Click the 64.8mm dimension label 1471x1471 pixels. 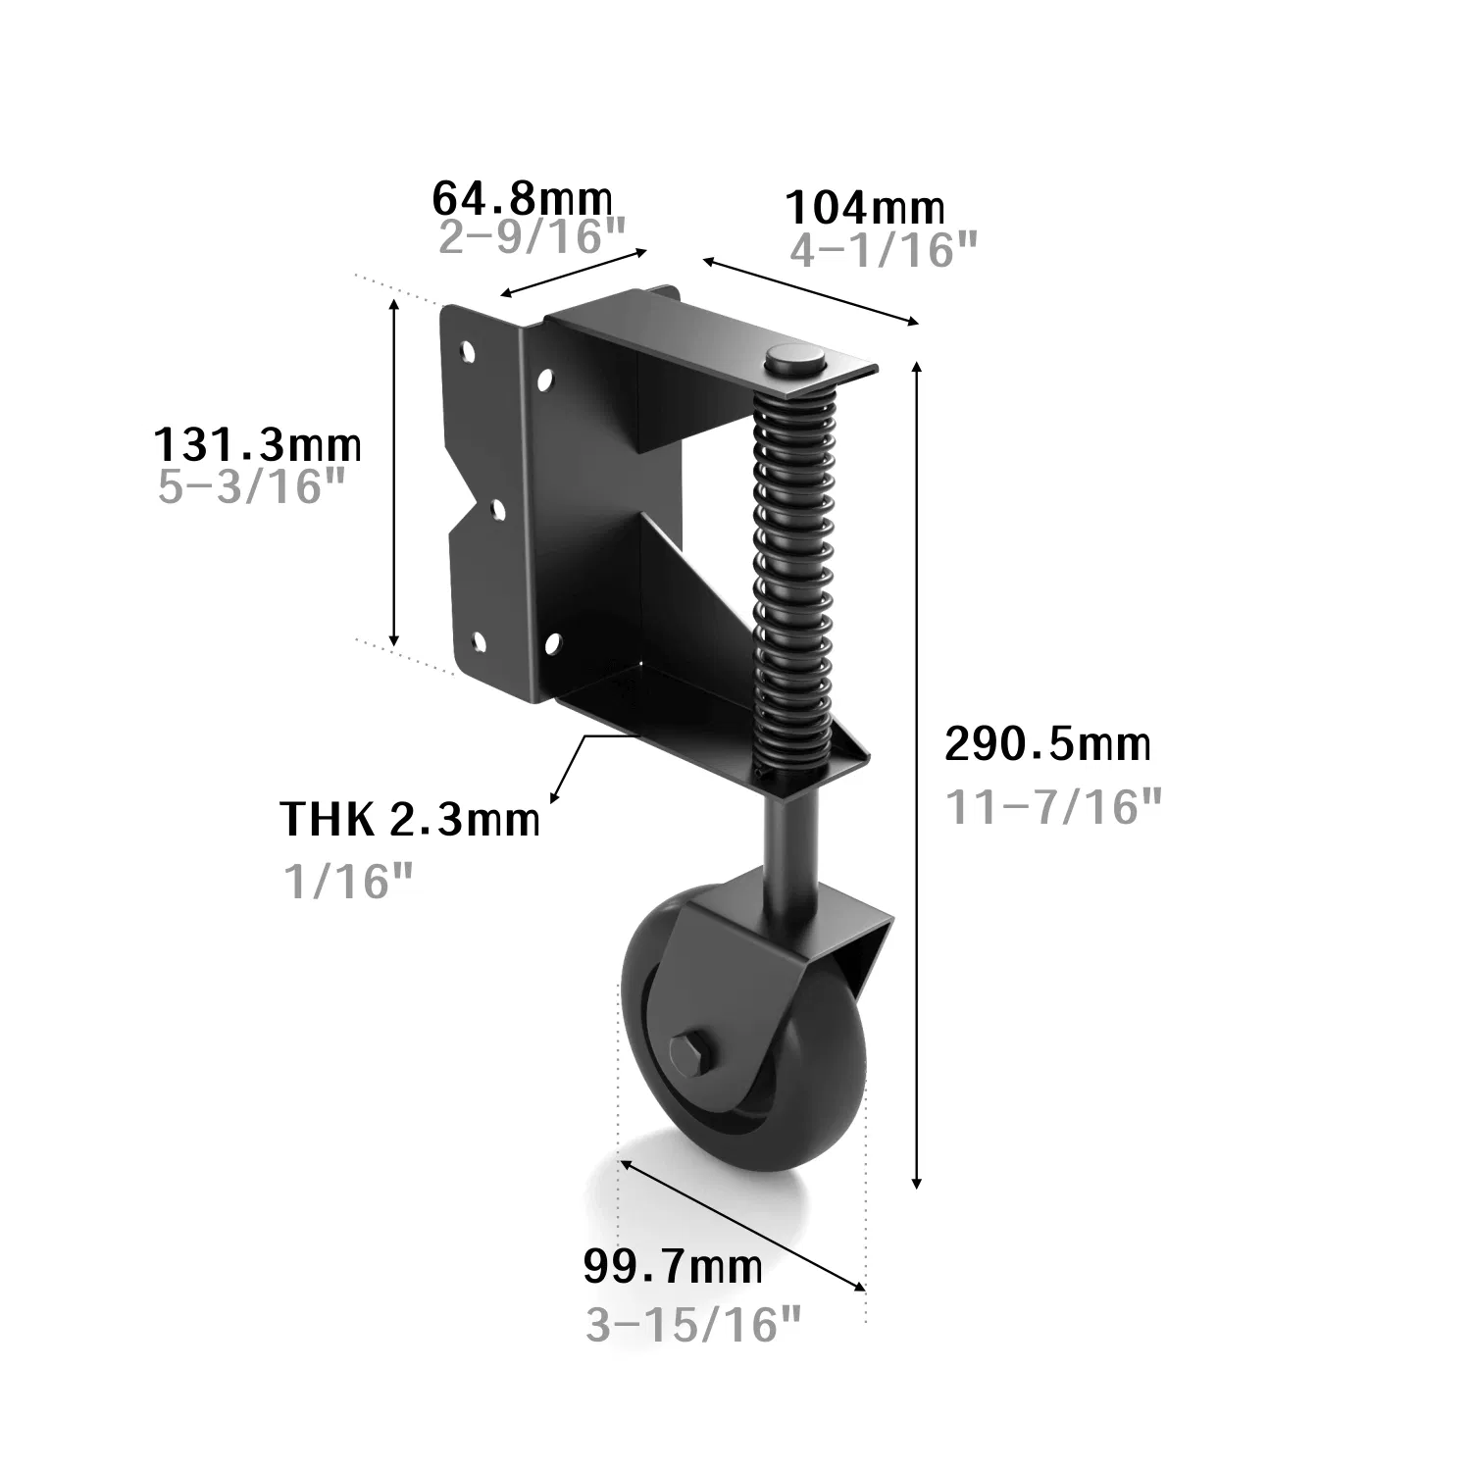coord(523,199)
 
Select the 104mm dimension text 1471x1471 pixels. coord(866,207)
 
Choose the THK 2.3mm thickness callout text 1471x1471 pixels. coord(410,819)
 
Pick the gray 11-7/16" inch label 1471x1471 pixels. coord(1053,806)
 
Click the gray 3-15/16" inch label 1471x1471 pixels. coord(694,1326)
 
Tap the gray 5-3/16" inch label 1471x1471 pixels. coord(253,485)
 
